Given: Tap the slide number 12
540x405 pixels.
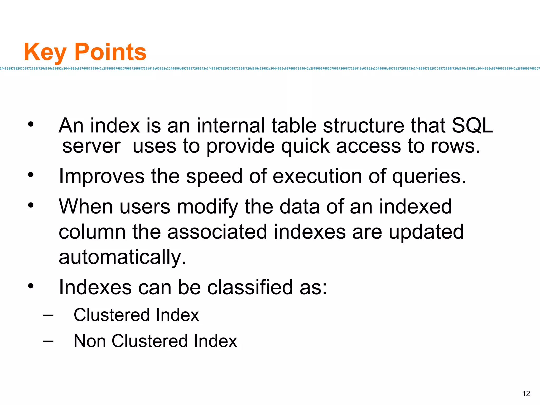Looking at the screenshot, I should (526, 394).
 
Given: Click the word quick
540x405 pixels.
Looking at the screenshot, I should (305, 147).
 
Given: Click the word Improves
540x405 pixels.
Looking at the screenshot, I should (102, 176).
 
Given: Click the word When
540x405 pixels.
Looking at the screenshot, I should (86, 206).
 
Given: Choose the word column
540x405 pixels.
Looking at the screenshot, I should (92, 232).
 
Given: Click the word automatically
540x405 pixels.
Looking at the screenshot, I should (123, 257).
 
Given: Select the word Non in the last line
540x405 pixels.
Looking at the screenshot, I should (90, 341).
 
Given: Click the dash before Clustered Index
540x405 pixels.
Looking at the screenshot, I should (48, 315).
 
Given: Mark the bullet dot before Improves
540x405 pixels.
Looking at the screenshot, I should (31, 175).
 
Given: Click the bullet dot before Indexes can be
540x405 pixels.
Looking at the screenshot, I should (31, 286).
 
